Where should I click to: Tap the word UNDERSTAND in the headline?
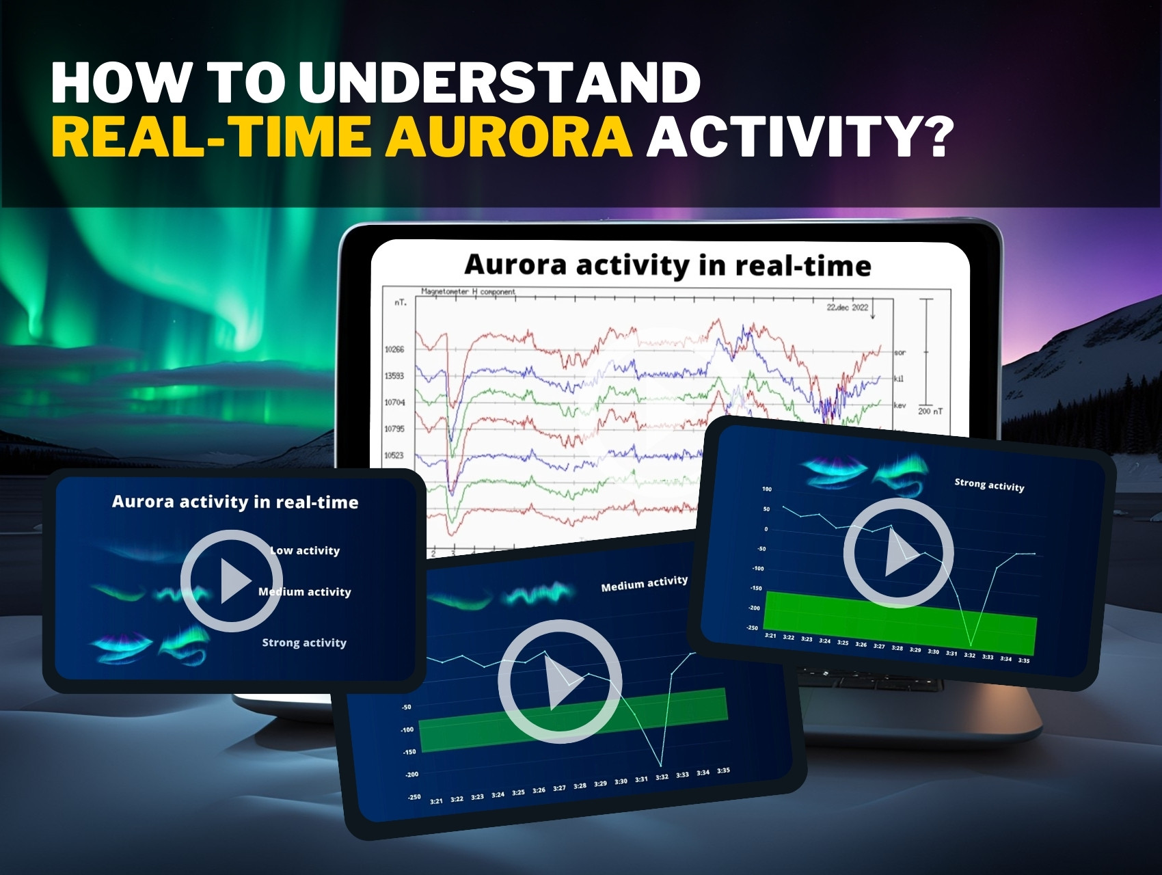coord(498,83)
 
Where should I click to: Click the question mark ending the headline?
coord(933,136)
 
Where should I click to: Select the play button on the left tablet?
coord(231,581)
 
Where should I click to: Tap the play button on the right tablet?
coord(897,552)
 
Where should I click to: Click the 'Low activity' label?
coord(305,550)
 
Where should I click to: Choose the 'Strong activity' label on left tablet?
coord(304,643)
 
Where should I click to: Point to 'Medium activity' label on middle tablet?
coord(644,583)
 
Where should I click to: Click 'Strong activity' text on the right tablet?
coord(989,485)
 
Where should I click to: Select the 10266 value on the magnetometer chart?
coord(394,349)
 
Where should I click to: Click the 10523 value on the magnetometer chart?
coord(394,455)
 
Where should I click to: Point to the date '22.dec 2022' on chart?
coord(847,308)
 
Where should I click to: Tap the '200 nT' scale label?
coord(930,411)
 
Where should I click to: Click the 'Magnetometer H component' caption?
coord(468,291)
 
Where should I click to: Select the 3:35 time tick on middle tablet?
coord(723,770)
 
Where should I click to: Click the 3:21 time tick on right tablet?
coord(770,636)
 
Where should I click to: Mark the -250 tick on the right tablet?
coord(752,628)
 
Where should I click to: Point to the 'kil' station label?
coord(898,378)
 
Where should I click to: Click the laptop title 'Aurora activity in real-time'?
coord(667,265)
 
